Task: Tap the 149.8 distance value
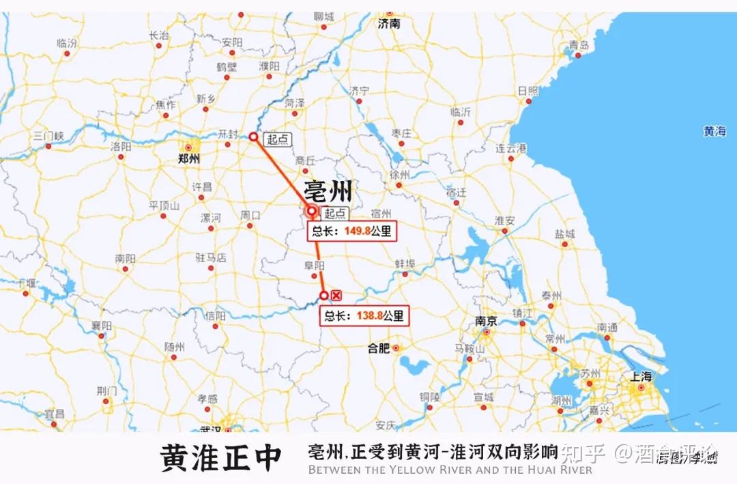[x=358, y=231]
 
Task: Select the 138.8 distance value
[x=369, y=315]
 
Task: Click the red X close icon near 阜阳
[x=336, y=295]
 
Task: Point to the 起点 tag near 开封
[x=278, y=139]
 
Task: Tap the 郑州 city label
[x=188, y=159]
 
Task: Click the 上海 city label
[x=641, y=376]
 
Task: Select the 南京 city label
[x=485, y=321]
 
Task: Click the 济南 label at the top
[x=389, y=24]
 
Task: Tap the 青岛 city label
[x=578, y=46]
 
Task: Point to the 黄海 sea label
[x=715, y=132]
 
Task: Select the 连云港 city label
[x=511, y=149]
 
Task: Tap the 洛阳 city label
[x=121, y=146]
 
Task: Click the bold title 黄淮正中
[x=220, y=458]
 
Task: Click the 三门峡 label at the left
[x=48, y=136]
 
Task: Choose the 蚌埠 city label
[x=405, y=264]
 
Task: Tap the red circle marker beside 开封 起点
[x=253, y=137]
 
